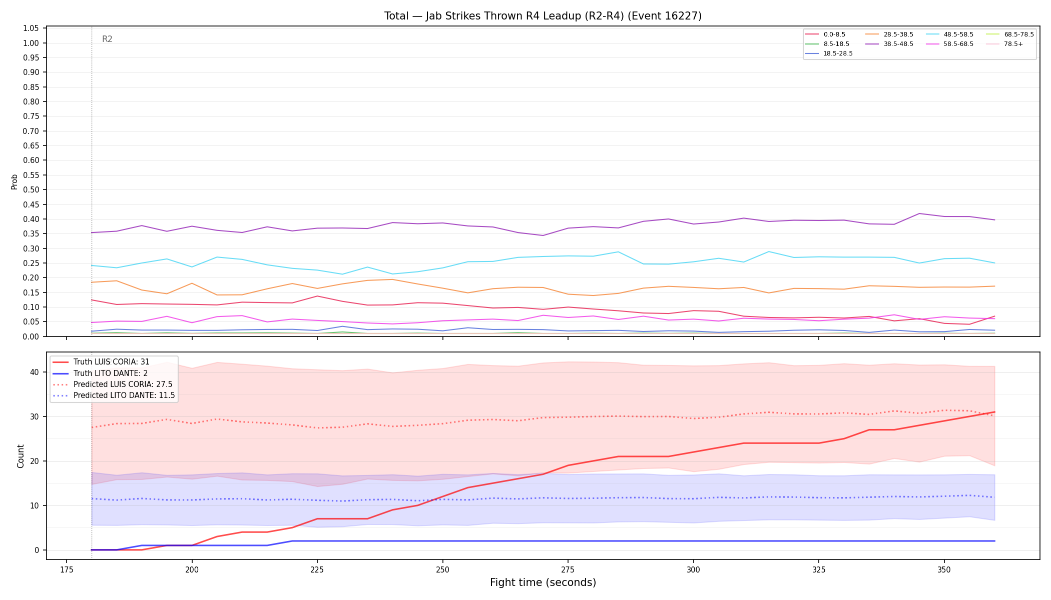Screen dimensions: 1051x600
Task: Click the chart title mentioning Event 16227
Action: [543, 16]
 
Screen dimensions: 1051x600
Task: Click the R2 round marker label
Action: [107, 39]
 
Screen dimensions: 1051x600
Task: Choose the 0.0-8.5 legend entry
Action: [825, 34]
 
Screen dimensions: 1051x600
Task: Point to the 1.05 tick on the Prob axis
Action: [31, 28]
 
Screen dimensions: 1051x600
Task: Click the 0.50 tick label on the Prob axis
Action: [31, 189]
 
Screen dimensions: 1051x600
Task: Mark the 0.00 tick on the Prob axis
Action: [31, 336]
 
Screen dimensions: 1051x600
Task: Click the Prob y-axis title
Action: [15, 181]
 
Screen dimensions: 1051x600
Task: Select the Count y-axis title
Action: [21, 456]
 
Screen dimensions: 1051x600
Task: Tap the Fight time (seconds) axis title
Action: [543, 582]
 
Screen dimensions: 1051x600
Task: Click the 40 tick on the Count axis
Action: [35, 372]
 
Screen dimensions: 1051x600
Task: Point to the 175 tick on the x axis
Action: [67, 569]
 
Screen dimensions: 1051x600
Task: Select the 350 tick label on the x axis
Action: [944, 569]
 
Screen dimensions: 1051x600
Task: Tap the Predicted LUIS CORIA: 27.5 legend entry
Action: [113, 384]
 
